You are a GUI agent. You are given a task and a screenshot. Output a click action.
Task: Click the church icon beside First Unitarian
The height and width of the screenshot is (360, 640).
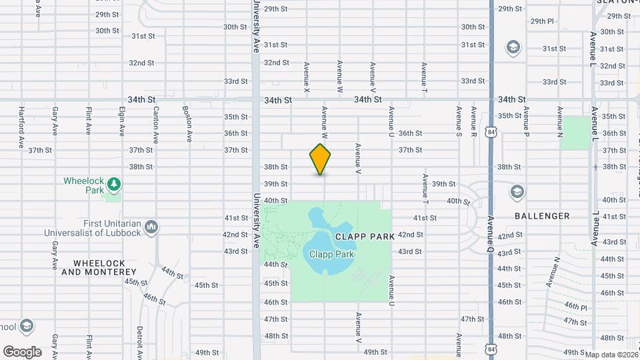coord(151,227)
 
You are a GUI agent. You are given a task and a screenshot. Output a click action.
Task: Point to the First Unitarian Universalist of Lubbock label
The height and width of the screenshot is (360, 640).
coord(93,228)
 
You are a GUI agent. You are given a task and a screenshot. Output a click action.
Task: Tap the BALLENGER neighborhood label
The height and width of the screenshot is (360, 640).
coord(542,216)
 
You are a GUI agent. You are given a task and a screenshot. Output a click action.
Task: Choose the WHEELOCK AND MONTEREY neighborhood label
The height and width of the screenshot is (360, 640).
coord(99,267)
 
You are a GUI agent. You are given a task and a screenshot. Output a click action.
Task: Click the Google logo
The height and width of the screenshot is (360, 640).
coord(22,351)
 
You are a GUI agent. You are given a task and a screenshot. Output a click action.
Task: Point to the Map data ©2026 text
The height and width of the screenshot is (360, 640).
coord(611,355)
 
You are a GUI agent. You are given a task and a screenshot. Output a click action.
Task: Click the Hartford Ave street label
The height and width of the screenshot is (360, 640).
coord(21,127)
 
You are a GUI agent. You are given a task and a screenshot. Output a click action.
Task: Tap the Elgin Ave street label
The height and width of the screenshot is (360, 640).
coord(122,121)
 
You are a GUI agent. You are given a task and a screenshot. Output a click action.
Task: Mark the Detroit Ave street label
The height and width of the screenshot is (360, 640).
coord(140,340)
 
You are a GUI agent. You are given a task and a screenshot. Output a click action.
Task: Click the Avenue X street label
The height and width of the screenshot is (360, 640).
coord(307,77)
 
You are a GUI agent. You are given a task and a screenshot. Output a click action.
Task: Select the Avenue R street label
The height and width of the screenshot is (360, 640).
coord(474,121)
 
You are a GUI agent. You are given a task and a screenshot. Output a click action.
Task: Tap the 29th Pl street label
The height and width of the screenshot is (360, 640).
coord(542,21)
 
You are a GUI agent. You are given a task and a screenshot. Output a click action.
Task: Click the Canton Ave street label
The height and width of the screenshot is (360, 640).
coord(156,121)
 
